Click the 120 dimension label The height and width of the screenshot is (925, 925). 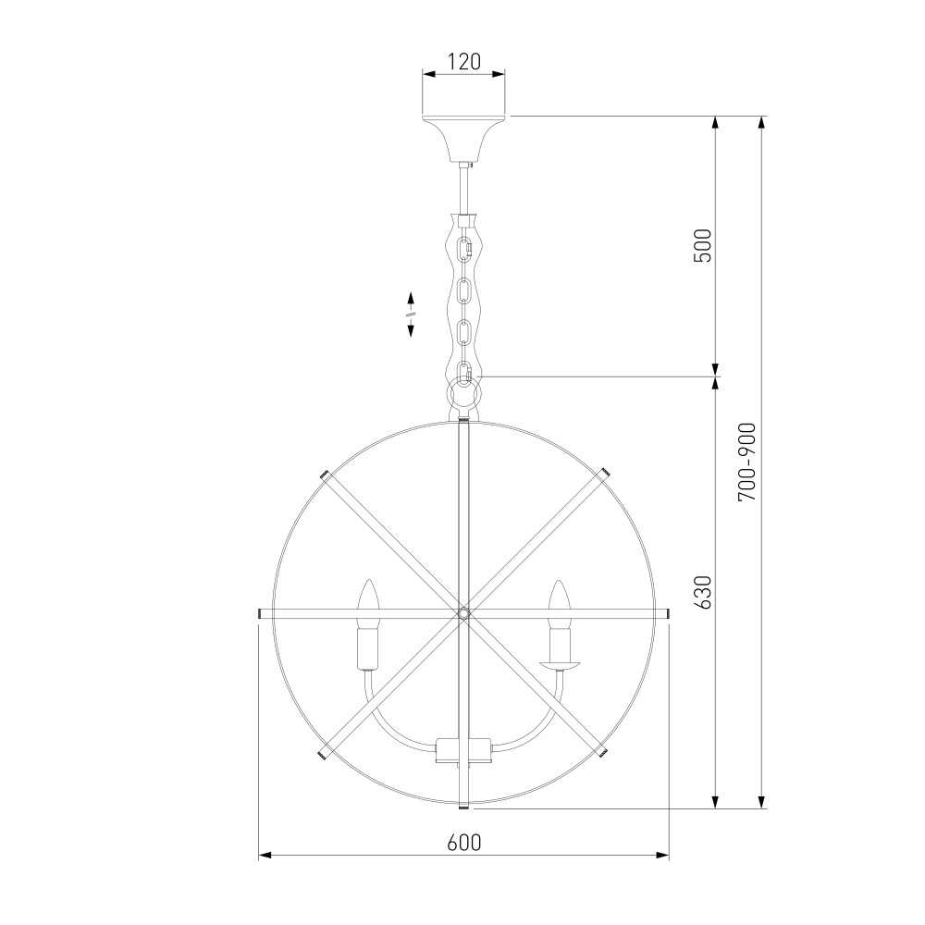[x=464, y=61]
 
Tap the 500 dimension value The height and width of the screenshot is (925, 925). [x=704, y=245]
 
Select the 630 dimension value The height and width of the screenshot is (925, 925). [x=704, y=592]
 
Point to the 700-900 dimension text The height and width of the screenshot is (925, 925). [x=746, y=462]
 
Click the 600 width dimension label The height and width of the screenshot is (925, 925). [x=464, y=843]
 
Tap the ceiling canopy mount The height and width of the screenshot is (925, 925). [x=463, y=140]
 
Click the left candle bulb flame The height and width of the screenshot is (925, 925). [x=369, y=598]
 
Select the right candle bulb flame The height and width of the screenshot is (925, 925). [x=559, y=598]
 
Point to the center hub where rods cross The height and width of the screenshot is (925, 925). [x=463, y=613]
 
